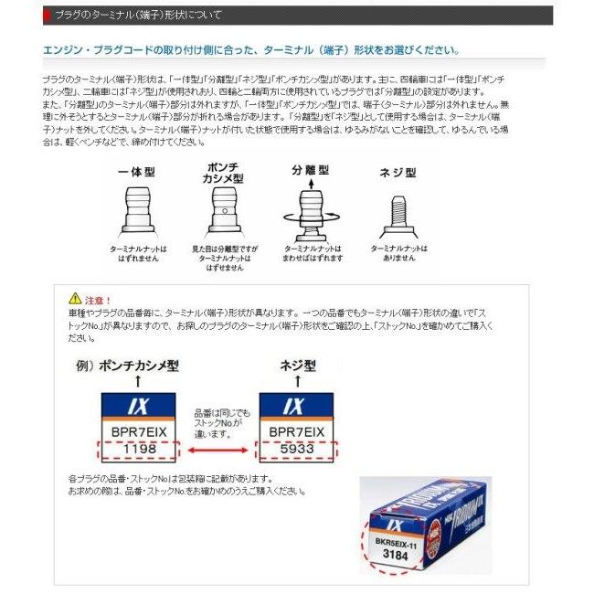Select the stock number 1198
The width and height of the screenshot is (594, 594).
[136, 450]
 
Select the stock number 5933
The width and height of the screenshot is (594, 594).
[297, 450]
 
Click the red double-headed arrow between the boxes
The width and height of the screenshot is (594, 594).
[217, 451]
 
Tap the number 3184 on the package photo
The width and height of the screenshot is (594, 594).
[397, 555]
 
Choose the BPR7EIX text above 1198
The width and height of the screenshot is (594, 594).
[136, 430]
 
